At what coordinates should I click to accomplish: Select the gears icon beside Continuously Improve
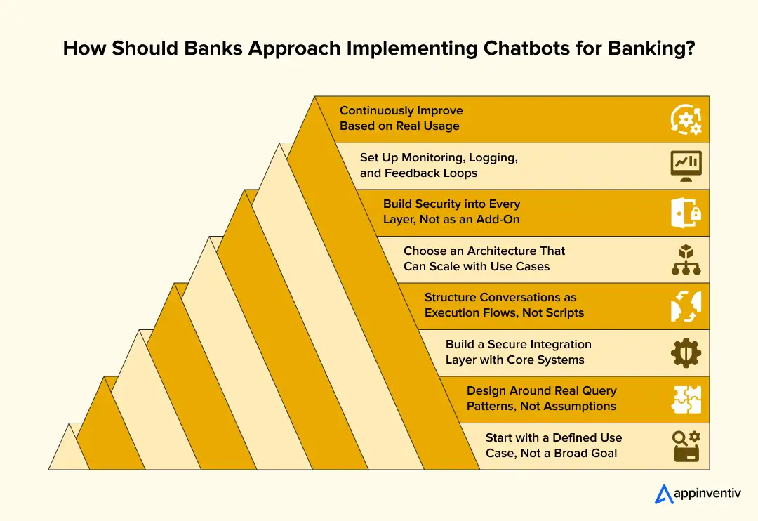point(685,119)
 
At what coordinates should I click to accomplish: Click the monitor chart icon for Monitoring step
point(685,166)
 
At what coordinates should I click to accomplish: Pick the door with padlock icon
point(685,213)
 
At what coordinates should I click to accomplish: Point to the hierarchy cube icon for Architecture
point(685,259)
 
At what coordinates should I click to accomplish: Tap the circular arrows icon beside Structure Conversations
point(685,306)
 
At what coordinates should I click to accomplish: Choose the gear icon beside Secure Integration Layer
point(685,352)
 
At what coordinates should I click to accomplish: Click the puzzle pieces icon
point(685,400)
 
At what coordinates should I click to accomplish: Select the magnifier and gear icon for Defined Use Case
point(685,446)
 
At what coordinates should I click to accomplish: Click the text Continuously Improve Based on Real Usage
point(401,119)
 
